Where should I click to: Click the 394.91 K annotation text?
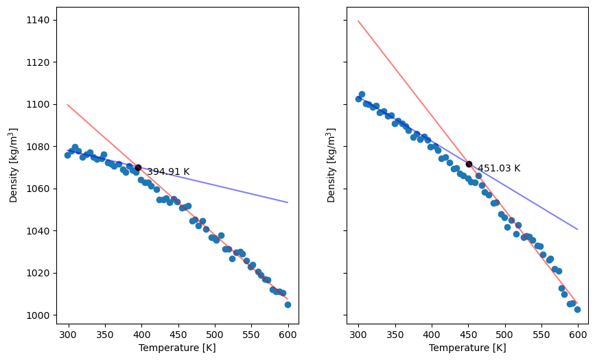coord(168,172)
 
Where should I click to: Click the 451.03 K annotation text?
coord(499,169)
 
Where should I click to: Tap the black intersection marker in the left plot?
coord(138,167)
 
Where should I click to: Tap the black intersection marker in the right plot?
coord(469,164)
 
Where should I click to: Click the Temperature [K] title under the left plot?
coord(177,348)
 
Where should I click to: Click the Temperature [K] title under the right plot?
coord(467,348)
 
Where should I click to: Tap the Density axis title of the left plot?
coord(14,165)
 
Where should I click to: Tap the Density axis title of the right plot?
coord(331,165)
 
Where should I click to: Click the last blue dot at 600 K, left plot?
coord(288,304)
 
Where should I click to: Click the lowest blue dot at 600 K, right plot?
coord(577,309)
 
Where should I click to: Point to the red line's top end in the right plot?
coord(358,21)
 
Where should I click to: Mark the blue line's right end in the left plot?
coord(288,202)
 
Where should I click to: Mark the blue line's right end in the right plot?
coord(578,229)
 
